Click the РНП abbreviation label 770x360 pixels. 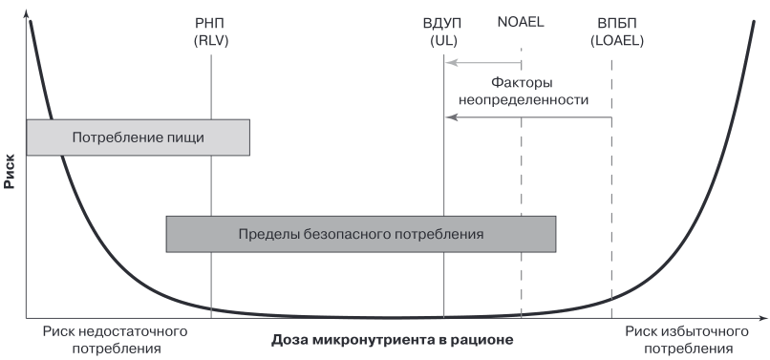(211, 24)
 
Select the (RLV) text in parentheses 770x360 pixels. (211, 41)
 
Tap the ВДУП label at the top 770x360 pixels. (442, 24)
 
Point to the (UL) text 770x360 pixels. (443, 41)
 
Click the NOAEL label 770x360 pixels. (521, 23)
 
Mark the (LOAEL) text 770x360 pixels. (617, 41)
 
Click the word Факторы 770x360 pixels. (523, 82)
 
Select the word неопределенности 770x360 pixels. (523, 100)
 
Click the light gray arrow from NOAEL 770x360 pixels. (483, 62)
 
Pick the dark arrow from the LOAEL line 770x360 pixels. (528, 117)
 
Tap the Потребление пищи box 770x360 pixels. (138, 138)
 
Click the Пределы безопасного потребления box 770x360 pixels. (361, 234)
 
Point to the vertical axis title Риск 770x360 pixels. (9, 171)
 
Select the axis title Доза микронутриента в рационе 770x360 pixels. (392, 340)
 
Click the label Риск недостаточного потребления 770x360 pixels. (116, 340)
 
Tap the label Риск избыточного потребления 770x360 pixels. (687, 340)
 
